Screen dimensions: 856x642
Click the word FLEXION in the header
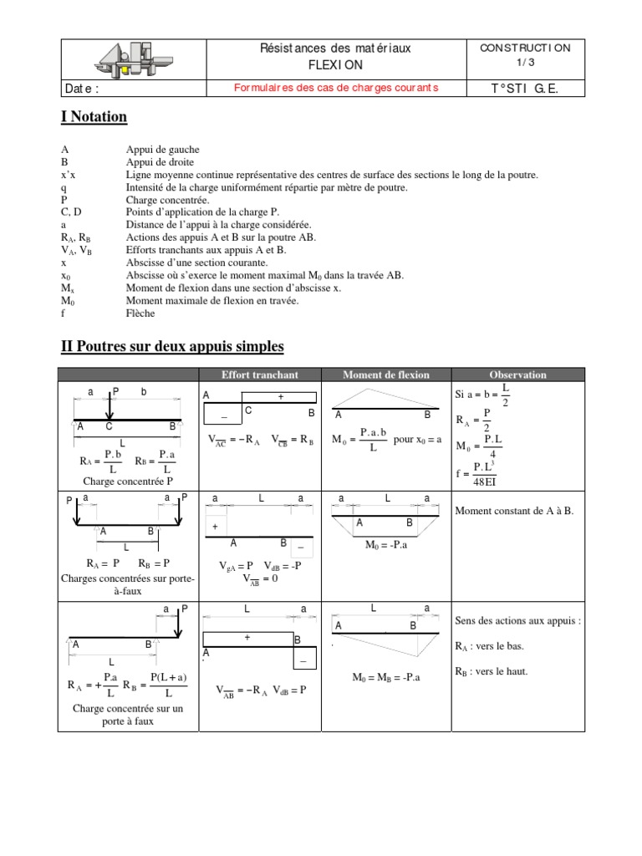(335, 64)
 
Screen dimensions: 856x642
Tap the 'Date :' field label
(81, 89)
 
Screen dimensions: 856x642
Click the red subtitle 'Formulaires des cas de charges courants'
(335, 88)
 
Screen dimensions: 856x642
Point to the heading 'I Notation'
(94, 117)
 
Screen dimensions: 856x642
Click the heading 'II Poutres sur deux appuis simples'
(172, 346)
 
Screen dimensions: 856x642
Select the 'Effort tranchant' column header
(259, 374)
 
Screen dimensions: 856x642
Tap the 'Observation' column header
(517, 374)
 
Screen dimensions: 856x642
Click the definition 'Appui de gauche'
(163, 150)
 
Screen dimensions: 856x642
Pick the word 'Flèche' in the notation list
(140, 313)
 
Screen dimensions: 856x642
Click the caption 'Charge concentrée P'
(128, 481)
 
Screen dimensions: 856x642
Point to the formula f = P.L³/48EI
(482, 473)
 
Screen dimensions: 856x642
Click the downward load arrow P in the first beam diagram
(110, 408)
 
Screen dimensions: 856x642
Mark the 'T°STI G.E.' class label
(525, 89)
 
